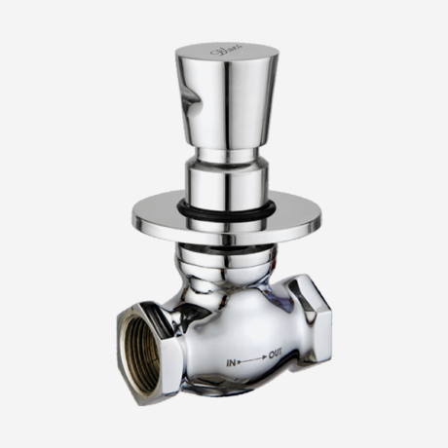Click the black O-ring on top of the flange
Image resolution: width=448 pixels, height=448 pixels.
coord(226,209)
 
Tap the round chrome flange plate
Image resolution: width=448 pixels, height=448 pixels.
coord(175,219)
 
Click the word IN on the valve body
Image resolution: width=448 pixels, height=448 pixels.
coord(234,361)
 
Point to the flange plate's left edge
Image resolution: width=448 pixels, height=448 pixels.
coord(130,216)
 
